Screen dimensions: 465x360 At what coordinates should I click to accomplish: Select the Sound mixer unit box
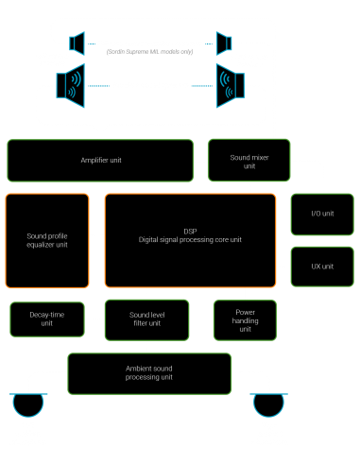(x=243, y=161)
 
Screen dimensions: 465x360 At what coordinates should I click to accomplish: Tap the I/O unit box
(x=322, y=214)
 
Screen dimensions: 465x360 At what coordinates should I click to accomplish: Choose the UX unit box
(x=322, y=267)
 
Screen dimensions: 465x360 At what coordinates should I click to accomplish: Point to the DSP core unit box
(x=189, y=240)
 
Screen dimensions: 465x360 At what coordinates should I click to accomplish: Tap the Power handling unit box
(x=245, y=319)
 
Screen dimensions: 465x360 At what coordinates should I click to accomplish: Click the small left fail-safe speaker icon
(x=78, y=43)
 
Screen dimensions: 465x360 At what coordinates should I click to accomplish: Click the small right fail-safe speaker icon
(x=223, y=43)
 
